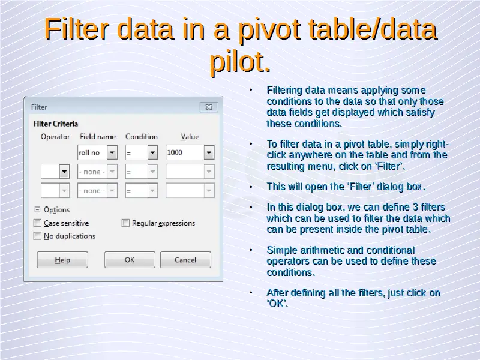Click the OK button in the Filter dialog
click(130, 260)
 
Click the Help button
click(62, 260)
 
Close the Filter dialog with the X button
click(209, 107)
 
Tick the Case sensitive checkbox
click(37, 223)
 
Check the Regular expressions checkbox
click(125, 223)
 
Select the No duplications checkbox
click(37, 236)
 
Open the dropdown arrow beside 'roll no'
click(112, 152)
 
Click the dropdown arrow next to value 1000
click(209, 152)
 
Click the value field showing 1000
click(185, 152)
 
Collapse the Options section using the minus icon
click(37, 209)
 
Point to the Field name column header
click(98, 137)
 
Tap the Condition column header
click(142, 137)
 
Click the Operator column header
click(55, 137)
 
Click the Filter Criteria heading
click(56, 124)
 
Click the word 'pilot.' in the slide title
click(241, 62)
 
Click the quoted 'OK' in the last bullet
click(277, 304)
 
